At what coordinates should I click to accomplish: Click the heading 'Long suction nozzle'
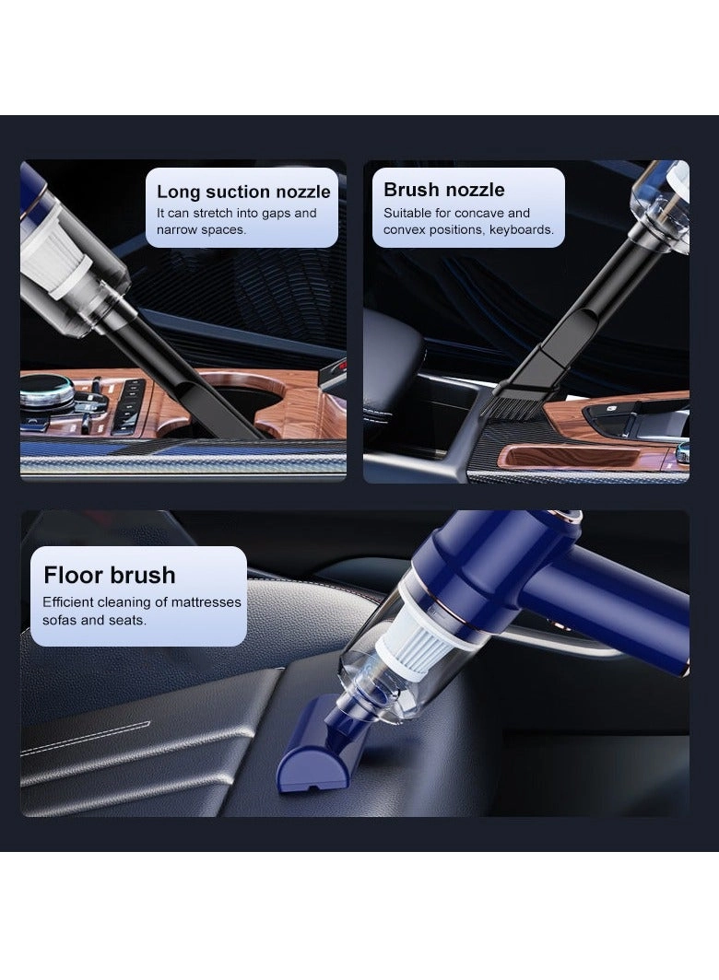[x=243, y=192]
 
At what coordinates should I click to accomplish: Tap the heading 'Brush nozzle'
[x=443, y=190]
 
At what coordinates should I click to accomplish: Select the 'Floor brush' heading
[x=109, y=575]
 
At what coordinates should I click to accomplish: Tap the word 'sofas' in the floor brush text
[x=62, y=620]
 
